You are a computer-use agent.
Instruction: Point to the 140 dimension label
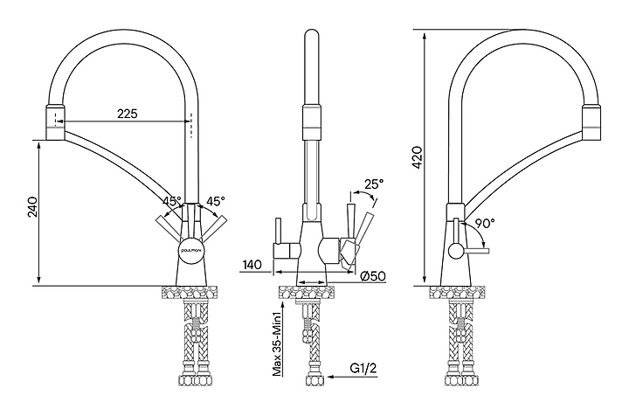coord(253,262)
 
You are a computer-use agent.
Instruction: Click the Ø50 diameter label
coord(373,276)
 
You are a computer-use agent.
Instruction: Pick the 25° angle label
coord(373,184)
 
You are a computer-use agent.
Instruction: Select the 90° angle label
coord(486,224)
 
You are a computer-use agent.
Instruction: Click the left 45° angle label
coord(171,200)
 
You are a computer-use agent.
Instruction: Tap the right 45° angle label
coord(216,200)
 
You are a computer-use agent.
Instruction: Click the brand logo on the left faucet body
coord(193,248)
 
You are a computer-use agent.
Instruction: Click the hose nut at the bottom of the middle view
coord(312,380)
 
